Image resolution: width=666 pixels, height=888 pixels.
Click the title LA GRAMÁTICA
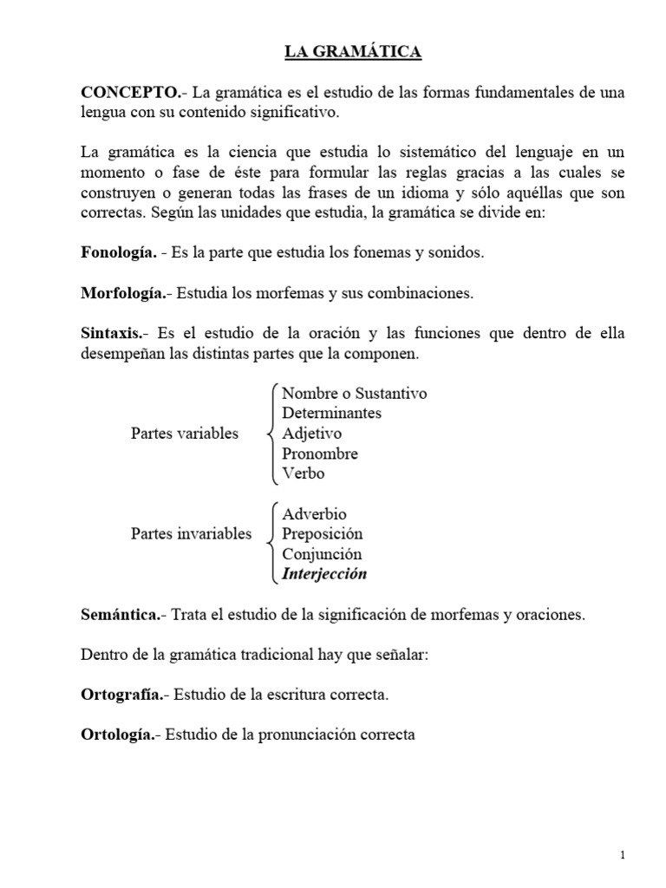(x=354, y=53)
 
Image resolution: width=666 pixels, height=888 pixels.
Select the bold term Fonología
(x=118, y=252)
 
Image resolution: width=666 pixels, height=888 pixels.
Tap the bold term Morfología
(x=123, y=293)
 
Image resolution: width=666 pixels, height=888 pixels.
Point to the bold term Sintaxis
(x=111, y=334)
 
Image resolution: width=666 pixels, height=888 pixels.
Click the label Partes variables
(x=184, y=434)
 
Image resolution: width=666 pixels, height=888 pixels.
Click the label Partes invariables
(x=191, y=533)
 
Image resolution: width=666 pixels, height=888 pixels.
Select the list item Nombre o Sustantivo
(x=354, y=394)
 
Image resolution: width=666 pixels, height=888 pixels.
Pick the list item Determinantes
(x=331, y=414)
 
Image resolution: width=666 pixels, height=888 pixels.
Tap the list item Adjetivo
(x=311, y=434)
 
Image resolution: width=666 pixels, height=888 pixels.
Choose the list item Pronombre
(x=319, y=454)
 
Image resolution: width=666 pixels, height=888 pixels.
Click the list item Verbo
(x=303, y=473)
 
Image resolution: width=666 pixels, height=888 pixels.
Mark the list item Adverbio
(x=314, y=514)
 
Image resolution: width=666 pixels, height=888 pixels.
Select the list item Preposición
(x=322, y=534)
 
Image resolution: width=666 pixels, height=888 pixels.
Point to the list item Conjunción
(x=322, y=554)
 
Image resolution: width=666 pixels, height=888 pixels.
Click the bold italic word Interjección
(x=324, y=574)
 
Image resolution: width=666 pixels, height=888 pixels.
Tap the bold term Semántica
(x=121, y=615)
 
